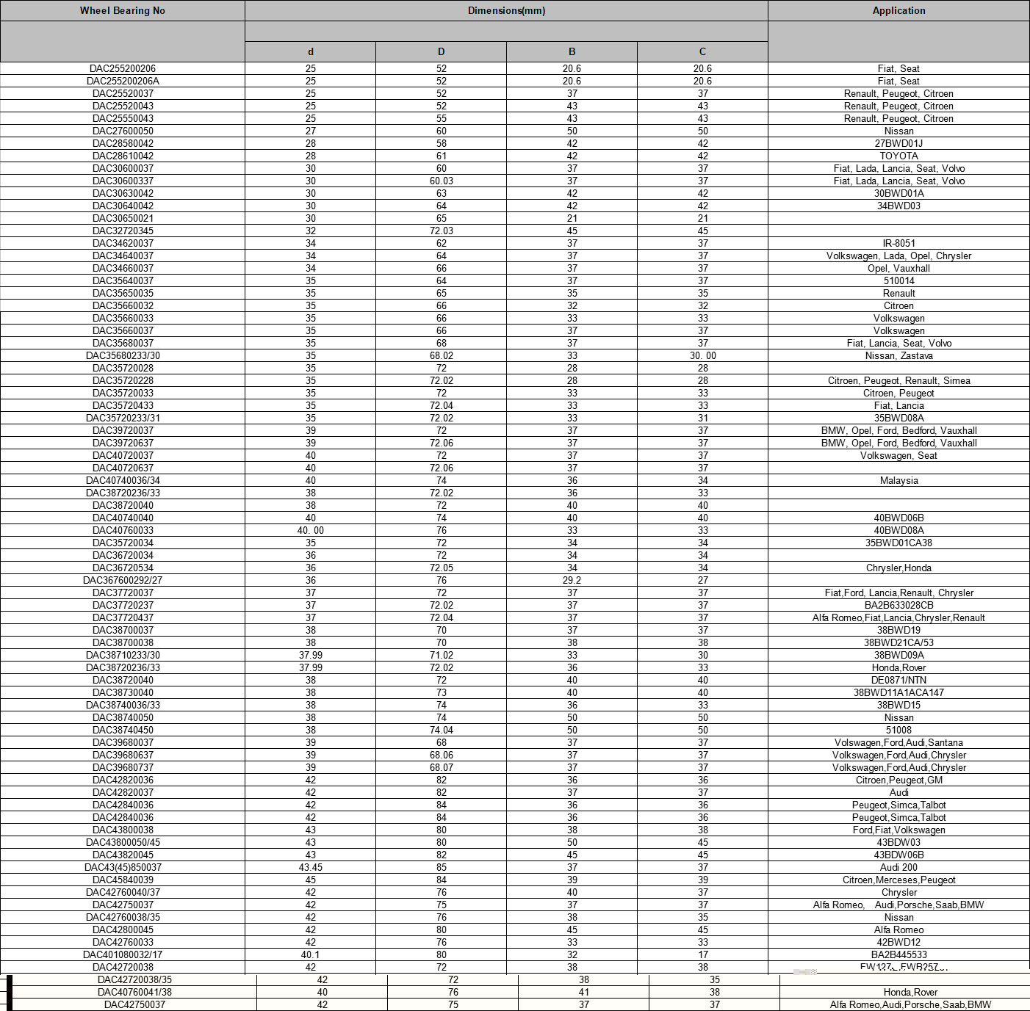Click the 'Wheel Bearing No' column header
[x=123, y=11]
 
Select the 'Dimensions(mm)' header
[x=506, y=11]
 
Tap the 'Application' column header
[x=898, y=11]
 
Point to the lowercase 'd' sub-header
[x=311, y=52]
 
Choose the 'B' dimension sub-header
[x=572, y=52]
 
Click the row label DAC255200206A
[x=123, y=81]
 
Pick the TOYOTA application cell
[x=898, y=156]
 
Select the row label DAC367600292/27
[x=123, y=581]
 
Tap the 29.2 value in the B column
[x=572, y=581]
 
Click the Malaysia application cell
[x=898, y=481]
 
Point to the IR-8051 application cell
[x=898, y=244]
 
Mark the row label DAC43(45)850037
[x=123, y=868]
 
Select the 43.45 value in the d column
[x=311, y=868]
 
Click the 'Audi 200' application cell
[x=898, y=868]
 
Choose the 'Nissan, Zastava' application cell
[x=898, y=356]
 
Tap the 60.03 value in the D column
[x=441, y=181]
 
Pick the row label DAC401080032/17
[x=123, y=955]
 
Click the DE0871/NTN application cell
[x=898, y=681]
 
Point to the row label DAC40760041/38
[x=134, y=993]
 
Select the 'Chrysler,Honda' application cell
[x=898, y=568]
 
